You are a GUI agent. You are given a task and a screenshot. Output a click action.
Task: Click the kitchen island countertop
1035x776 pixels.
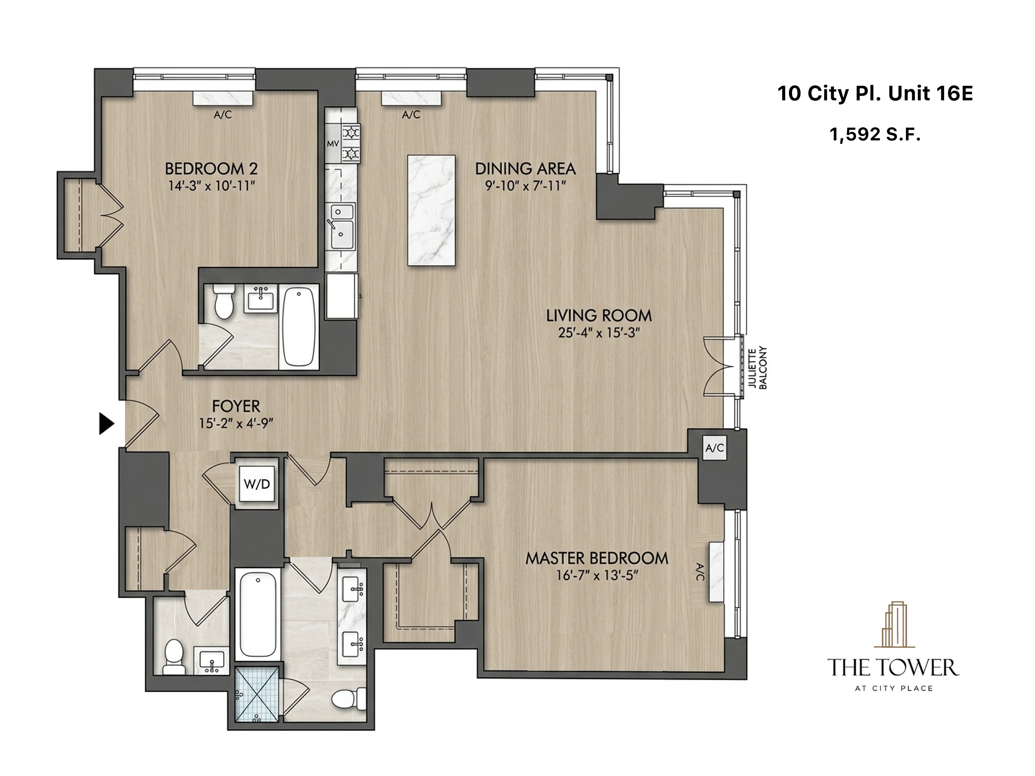pyautogui.click(x=431, y=210)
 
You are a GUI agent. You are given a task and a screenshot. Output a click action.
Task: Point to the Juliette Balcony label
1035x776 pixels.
pyautogui.click(x=758, y=368)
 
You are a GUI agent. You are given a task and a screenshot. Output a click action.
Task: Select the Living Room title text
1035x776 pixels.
pyautogui.click(x=599, y=316)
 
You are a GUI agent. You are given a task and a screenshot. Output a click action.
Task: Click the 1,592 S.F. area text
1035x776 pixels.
pyautogui.click(x=875, y=135)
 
